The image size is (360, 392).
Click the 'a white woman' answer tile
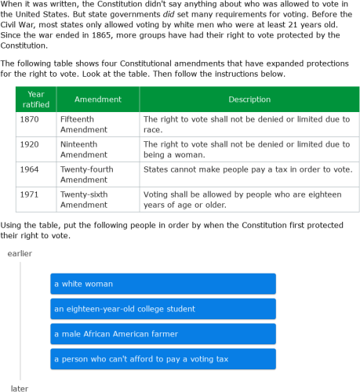click(x=162, y=284)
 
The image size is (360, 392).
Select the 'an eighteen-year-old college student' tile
click(x=162, y=309)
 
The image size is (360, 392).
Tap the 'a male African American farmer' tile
click(x=162, y=334)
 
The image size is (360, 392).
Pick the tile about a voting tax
click(x=162, y=359)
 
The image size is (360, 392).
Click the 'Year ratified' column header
click(x=35, y=100)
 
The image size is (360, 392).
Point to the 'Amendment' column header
click(x=97, y=100)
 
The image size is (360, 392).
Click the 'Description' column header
click(x=249, y=100)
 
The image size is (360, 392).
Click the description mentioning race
click(x=246, y=124)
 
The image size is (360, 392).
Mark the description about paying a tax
click(x=248, y=169)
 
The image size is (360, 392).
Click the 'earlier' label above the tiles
click(x=20, y=253)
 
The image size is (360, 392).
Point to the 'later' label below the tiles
click(x=20, y=387)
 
